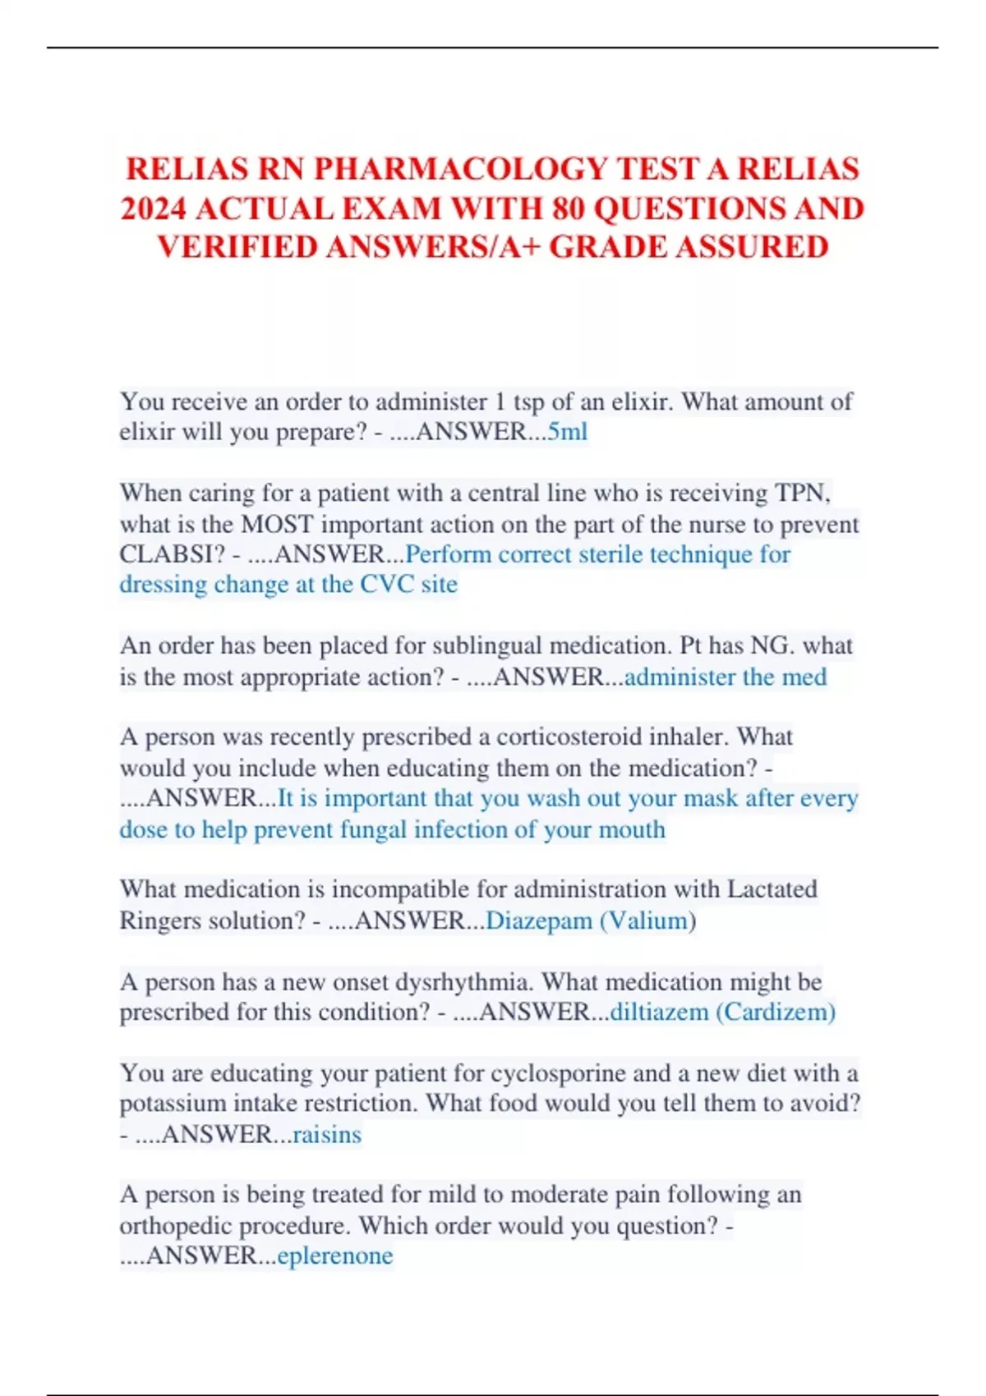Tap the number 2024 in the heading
click(153, 209)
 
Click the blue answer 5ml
click(567, 431)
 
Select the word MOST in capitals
click(277, 524)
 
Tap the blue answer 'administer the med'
click(726, 677)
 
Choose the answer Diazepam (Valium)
click(591, 921)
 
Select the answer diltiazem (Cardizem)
click(722, 1012)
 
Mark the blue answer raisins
click(327, 1135)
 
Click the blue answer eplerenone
click(335, 1256)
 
